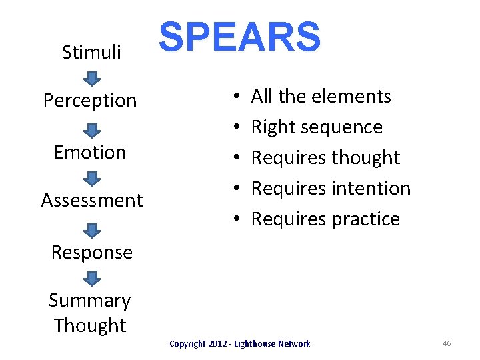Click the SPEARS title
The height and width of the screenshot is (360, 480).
239,37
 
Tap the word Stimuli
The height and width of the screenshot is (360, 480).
91,52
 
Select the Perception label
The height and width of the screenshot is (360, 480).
90,101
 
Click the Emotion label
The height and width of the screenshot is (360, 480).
90,152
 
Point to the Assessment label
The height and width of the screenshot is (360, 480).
92,200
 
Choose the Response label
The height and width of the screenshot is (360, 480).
92,253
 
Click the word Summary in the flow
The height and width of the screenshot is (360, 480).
90,301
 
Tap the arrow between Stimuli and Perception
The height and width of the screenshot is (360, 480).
92,78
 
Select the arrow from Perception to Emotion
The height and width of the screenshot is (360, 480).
92,129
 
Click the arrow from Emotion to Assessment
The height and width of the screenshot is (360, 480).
92,178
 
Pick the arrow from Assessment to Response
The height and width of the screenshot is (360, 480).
92,229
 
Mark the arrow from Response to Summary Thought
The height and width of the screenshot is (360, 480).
92,278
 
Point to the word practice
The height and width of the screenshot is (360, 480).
369,219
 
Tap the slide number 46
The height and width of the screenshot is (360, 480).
447,343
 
